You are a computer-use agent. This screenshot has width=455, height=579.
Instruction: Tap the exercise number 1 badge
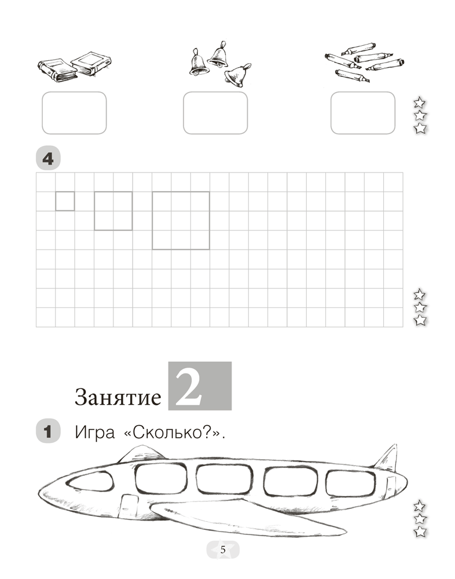click(48, 431)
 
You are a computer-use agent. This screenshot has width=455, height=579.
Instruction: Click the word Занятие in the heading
click(118, 397)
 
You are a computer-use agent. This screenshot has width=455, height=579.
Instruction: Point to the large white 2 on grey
click(189, 387)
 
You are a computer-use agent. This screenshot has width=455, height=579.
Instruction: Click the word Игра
click(94, 432)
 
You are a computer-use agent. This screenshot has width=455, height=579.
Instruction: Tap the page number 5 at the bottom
click(223, 550)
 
